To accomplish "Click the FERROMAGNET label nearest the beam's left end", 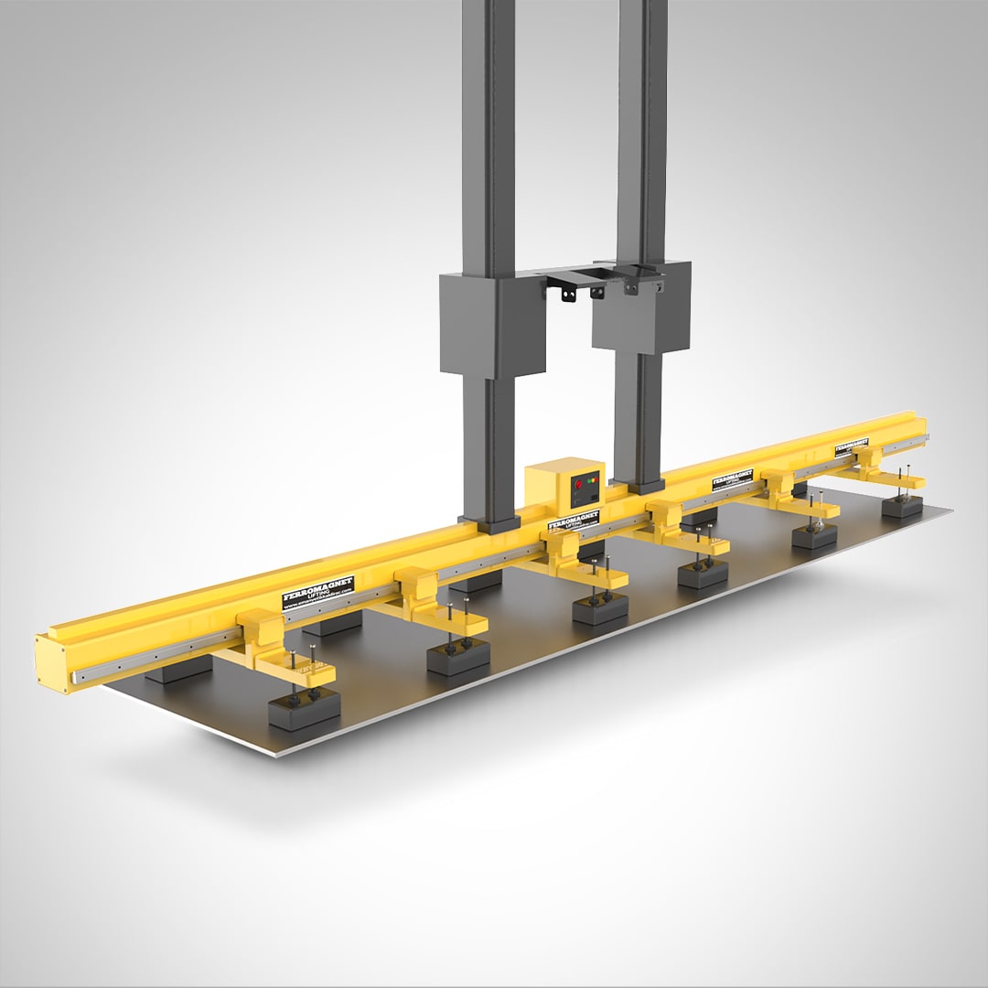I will point(317,594).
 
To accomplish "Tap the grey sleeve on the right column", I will point(640,306).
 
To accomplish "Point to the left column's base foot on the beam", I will point(493,523).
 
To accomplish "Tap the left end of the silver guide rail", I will point(79,678).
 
